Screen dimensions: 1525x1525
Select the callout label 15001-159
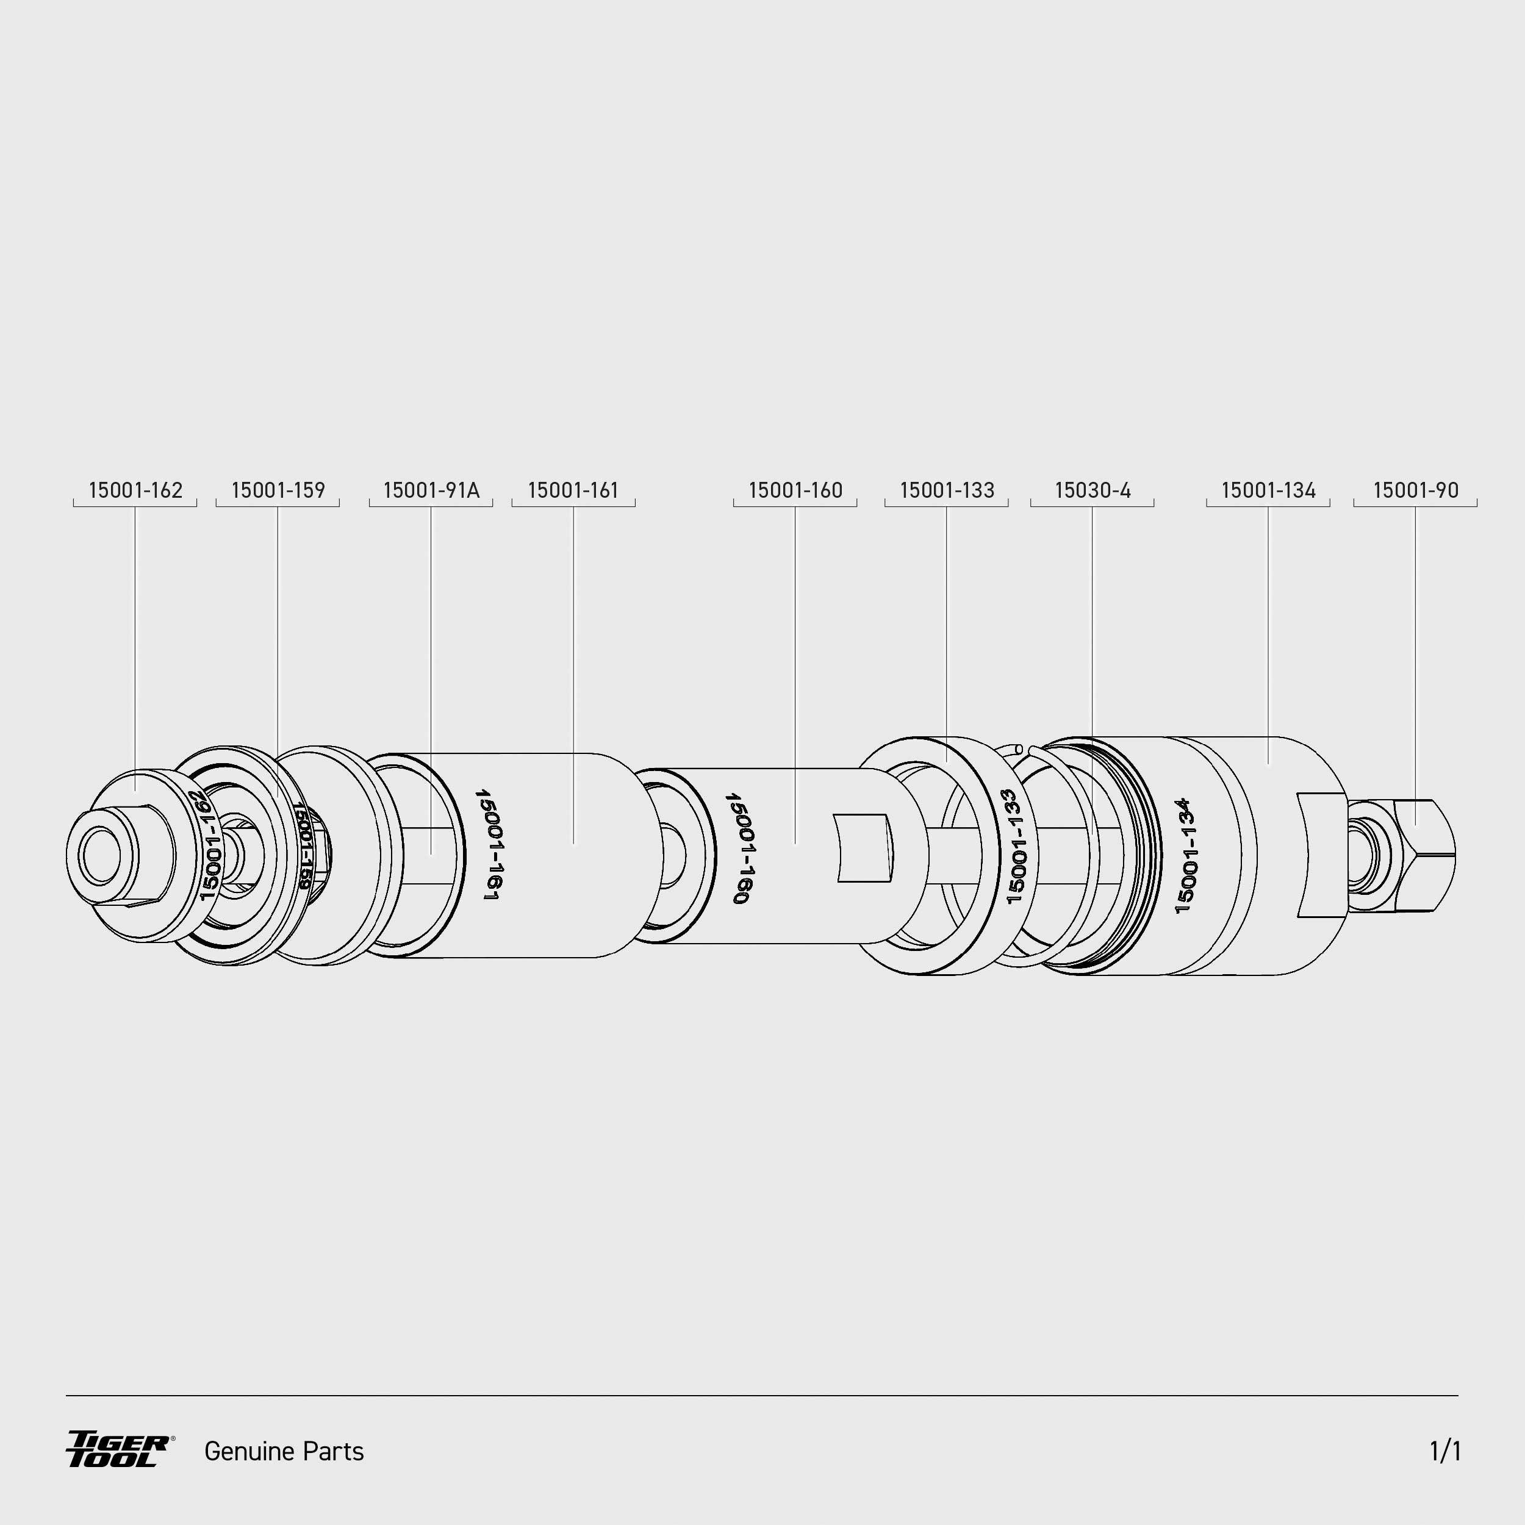pyautogui.click(x=278, y=490)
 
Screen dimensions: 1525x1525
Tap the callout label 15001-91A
pyautogui.click(x=431, y=490)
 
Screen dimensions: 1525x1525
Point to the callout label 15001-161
pyautogui.click(x=573, y=490)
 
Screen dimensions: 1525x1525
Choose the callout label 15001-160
pyautogui.click(x=795, y=490)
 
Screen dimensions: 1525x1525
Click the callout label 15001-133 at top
pyautogui.click(x=947, y=490)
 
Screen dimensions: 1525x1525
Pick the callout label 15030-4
pyautogui.click(x=1093, y=490)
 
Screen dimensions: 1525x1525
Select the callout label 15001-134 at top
pyautogui.click(x=1268, y=490)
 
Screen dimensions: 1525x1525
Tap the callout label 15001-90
pyautogui.click(x=1416, y=490)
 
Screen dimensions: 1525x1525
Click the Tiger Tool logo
pyautogui.click(x=119, y=1449)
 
